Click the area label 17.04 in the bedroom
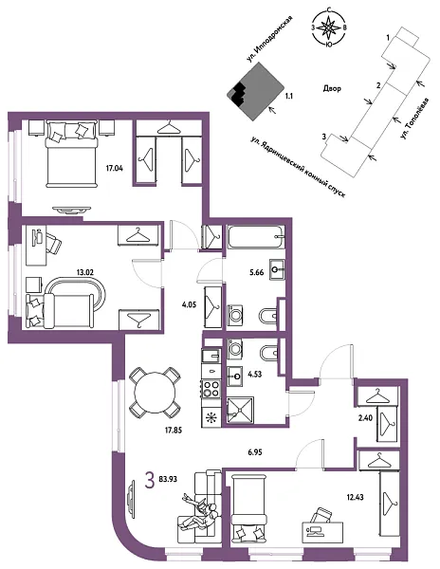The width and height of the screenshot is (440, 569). [115, 169]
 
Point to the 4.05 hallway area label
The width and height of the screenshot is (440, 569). [188, 306]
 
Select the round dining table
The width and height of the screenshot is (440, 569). [154, 390]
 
